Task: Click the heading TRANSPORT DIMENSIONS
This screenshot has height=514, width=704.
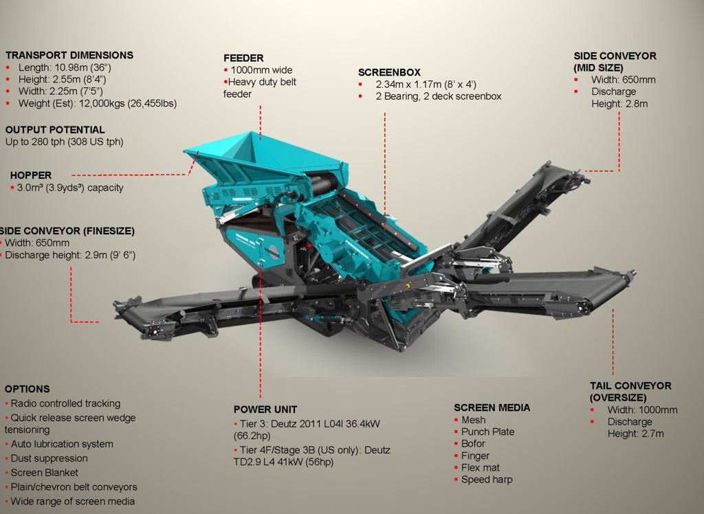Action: (69, 55)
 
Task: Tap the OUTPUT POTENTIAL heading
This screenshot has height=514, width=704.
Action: (55, 129)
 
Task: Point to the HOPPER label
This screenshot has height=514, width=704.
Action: (31, 175)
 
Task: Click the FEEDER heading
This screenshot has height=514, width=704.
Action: (243, 58)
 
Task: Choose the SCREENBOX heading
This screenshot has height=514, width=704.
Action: (389, 72)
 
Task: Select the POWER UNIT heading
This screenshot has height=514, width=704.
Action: (265, 410)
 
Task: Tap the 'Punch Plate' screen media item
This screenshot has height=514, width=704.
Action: (487, 432)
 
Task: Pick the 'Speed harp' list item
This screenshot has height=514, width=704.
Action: (487, 480)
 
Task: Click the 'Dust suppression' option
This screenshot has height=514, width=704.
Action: (49, 458)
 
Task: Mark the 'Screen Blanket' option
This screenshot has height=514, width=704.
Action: (44, 473)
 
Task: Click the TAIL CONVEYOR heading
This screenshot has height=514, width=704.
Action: (630, 385)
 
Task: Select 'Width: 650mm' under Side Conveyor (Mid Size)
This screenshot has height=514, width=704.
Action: (623, 80)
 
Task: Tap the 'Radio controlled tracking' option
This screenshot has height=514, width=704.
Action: (65, 403)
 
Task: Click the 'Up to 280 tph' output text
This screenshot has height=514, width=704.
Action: (64, 142)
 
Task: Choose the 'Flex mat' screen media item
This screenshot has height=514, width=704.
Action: (481, 468)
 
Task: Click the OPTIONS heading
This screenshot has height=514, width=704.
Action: (27, 389)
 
